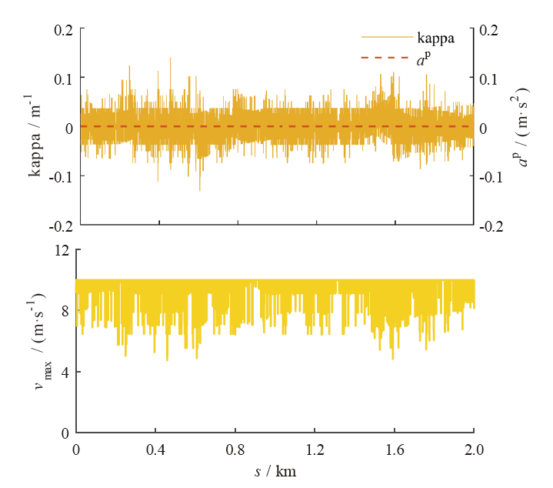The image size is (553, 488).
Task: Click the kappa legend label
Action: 436,36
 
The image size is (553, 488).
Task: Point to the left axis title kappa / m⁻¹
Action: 35,135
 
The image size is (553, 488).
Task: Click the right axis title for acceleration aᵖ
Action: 526,127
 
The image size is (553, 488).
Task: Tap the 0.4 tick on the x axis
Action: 155,448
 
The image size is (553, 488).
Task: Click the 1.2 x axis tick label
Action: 315,448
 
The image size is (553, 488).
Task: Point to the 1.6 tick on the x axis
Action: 395,448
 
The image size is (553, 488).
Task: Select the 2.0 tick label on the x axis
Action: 474,448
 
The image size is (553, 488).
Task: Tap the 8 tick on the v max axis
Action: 65,311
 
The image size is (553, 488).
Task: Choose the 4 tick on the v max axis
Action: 65,372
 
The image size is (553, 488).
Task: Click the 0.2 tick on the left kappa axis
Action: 63,29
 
